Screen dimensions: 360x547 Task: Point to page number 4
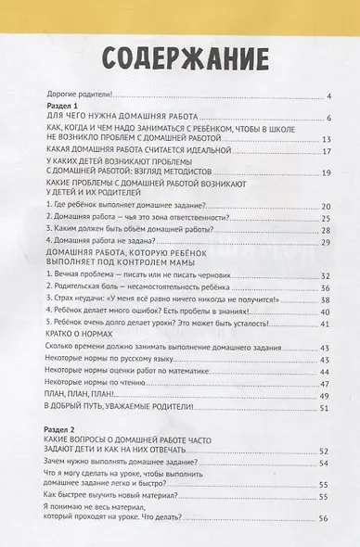[x=328, y=95]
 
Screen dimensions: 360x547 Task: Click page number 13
[x=325, y=135]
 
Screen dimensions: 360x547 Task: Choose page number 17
[x=325, y=150]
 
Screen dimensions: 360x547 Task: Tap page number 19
[x=325, y=172]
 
